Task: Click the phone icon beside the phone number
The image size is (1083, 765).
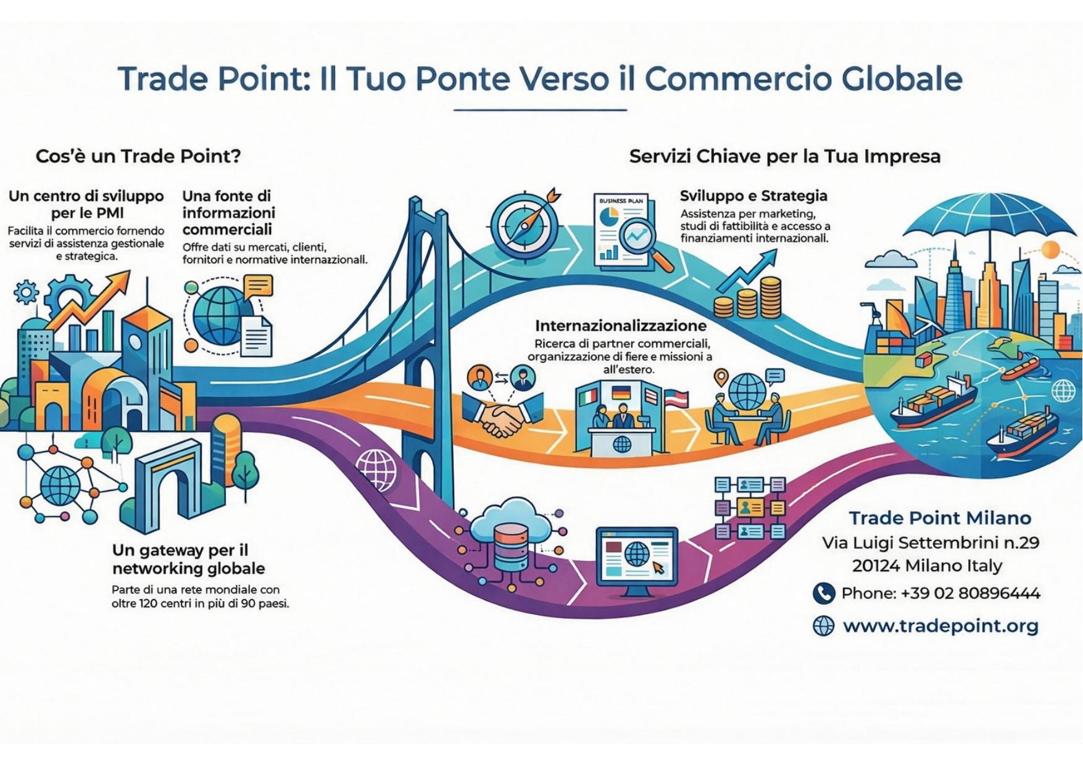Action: [x=823, y=593]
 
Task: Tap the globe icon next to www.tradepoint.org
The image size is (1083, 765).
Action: [x=823, y=626]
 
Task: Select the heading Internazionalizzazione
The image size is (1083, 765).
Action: [x=621, y=326]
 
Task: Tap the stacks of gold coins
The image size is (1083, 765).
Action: [x=748, y=300]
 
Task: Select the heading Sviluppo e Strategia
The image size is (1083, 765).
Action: [x=753, y=196]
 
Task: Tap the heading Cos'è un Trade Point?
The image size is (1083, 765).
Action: [x=138, y=156]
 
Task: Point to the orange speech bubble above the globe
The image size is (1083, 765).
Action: [x=258, y=286]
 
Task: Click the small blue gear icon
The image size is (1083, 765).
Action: [x=26, y=292]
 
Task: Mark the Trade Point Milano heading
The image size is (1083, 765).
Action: [x=940, y=518]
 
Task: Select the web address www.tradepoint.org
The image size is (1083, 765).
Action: [x=940, y=626]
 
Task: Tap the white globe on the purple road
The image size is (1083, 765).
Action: [x=376, y=469]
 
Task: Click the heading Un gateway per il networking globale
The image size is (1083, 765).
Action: [x=188, y=559]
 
